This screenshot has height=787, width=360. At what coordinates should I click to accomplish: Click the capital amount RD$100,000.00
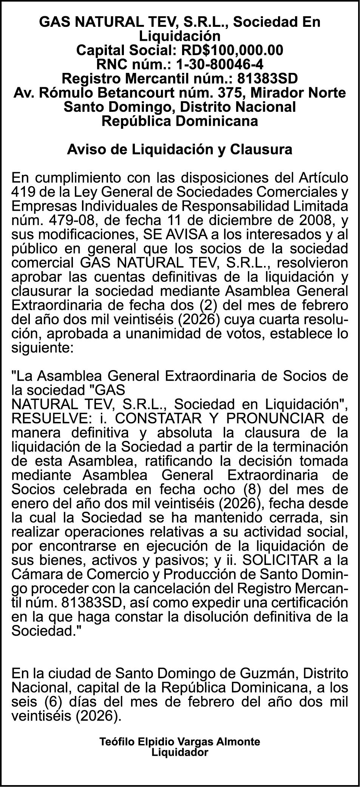232,50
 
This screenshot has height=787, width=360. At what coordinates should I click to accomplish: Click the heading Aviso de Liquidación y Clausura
180,150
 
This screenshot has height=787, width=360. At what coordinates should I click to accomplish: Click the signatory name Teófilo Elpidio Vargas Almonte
180,742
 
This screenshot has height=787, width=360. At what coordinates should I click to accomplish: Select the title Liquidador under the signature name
180,753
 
